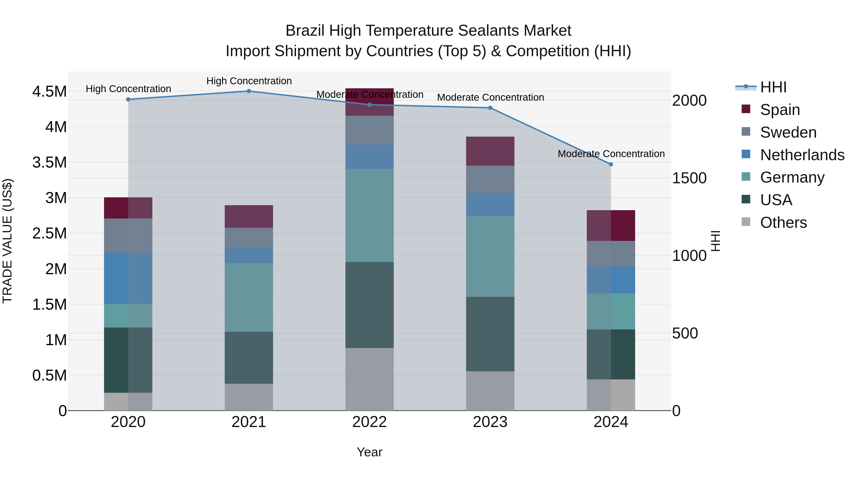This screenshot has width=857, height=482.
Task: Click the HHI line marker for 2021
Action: tap(249, 91)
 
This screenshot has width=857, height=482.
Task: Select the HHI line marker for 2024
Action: tap(611, 164)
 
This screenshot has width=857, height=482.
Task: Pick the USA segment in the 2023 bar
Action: tap(490, 334)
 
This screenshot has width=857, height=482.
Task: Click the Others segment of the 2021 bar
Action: tap(249, 397)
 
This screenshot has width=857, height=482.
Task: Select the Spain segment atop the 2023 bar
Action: tap(490, 151)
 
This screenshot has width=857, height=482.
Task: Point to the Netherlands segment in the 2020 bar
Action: tap(128, 278)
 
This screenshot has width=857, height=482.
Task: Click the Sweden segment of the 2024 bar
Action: tap(611, 254)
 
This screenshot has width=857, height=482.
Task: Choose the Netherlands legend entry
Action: tap(802, 155)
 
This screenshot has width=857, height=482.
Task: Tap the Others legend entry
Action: tap(783, 223)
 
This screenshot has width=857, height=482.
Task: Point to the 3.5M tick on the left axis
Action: tap(49, 163)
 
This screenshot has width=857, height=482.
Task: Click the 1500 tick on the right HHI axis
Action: tap(689, 178)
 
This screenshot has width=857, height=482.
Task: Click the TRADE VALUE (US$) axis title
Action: tap(7, 241)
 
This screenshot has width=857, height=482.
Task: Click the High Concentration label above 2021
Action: tap(249, 81)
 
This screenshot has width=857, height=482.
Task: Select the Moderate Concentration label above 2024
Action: tap(611, 154)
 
